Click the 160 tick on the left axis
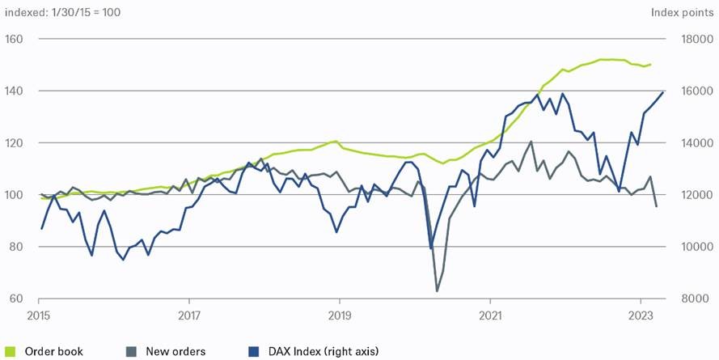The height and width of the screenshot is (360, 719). click(14, 40)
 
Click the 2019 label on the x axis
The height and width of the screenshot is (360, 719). click(339, 315)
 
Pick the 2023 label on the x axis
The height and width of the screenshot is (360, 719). click(641, 315)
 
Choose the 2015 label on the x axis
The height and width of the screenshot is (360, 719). click(39, 315)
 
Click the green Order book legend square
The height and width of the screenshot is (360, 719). click(10, 351)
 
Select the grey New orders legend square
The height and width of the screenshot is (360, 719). click(131, 351)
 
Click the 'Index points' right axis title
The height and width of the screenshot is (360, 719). click(682, 12)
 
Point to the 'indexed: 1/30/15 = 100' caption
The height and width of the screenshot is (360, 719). click(63, 12)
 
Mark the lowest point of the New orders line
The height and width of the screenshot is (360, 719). click(438, 290)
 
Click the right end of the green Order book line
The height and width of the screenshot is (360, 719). click(651, 64)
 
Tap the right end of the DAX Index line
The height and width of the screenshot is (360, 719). click(663, 91)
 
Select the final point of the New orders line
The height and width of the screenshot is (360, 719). click(656, 206)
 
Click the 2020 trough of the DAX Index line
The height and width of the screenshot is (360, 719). click(430, 248)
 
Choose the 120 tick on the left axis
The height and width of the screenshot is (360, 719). click(14, 143)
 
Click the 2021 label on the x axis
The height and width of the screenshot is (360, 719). click(490, 315)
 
